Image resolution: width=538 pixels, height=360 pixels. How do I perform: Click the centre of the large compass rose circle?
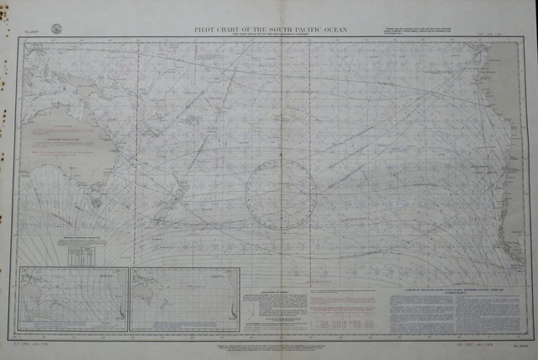pyautogui.click(x=280, y=196)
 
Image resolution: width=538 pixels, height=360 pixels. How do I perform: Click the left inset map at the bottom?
pyautogui.click(x=73, y=299)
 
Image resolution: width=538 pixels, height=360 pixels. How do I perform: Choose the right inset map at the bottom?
pyautogui.click(x=185, y=299)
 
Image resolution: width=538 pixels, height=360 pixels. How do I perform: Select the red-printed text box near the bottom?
pyautogui.click(x=344, y=309)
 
